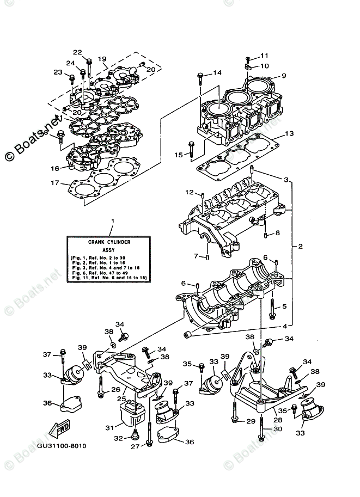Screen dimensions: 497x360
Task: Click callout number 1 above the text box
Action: coord(112,221)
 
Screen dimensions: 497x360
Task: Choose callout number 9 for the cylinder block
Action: coord(284,76)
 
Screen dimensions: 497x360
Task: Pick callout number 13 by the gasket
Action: coord(289,133)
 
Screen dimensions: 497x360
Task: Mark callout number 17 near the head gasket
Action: coord(54,183)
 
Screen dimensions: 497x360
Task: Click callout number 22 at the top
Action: coord(77,52)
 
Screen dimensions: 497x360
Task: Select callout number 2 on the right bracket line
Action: coord(300,247)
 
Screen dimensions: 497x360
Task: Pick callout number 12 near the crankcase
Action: coord(189,192)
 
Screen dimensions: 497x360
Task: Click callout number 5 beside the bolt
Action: coord(284,307)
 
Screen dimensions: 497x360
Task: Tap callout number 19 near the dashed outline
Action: coord(102,59)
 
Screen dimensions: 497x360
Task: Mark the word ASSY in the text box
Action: coord(111,248)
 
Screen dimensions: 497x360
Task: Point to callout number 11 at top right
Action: coord(264,56)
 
